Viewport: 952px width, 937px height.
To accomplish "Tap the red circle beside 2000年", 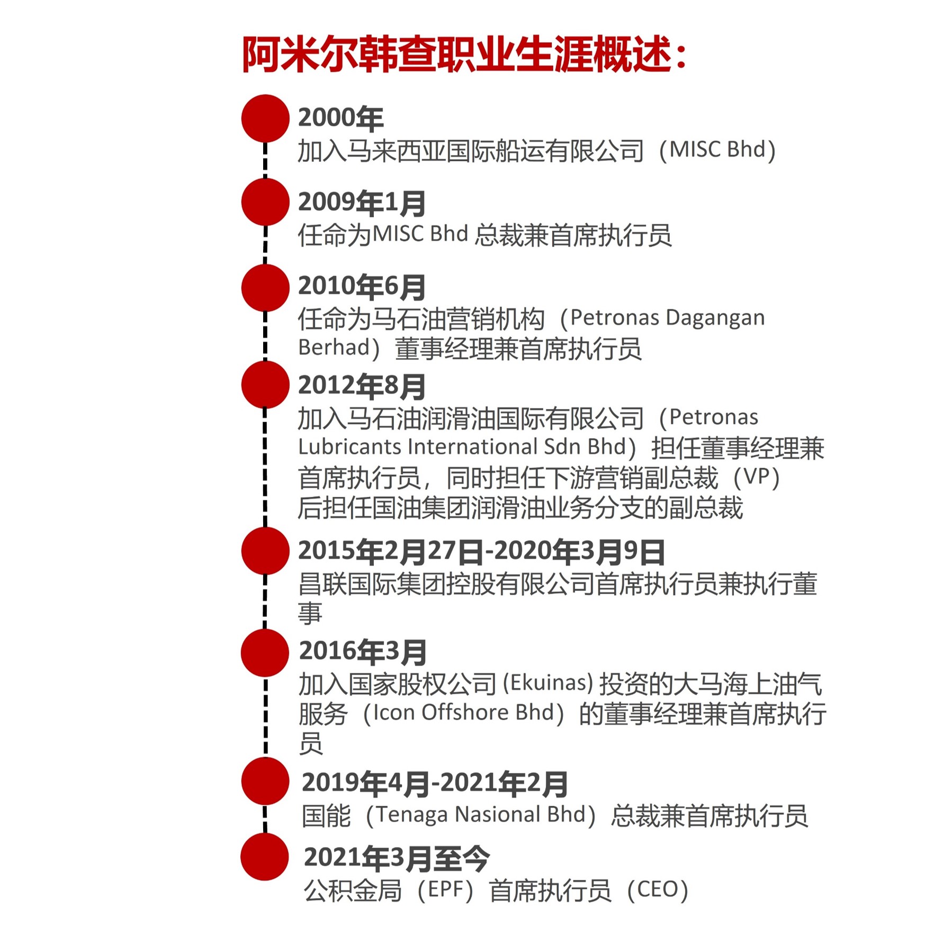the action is pyautogui.click(x=265, y=119).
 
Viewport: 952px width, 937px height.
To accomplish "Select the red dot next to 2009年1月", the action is pyautogui.click(x=265, y=202).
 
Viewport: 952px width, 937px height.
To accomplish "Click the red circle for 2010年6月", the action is pyautogui.click(x=265, y=288).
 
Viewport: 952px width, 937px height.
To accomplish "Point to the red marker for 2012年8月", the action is pyautogui.click(x=265, y=385).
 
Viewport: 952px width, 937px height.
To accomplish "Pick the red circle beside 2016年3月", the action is pyautogui.click(x=265, y=653).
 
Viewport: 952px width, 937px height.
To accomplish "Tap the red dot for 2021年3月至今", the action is pyautogui.click(x=265, y=857).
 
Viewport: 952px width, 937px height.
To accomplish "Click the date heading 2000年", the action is pyautogui.click(x=340, y=118).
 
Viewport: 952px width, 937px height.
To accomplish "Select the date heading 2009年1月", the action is pyautogui.click(x=362, y=203).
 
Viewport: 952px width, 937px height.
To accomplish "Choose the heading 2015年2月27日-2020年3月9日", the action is pyautogui.click(x=481, y=551).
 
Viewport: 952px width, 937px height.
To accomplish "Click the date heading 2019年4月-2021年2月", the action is pyautogui.click(x=435, y=784).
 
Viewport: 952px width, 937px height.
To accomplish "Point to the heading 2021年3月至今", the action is pyautogui.click(x=397, y=858).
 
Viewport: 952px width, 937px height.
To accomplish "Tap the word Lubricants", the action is pyautogui.click(x=349, y=447).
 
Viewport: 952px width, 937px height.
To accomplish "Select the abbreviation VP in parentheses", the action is pyautogui.click(x=757, y=476).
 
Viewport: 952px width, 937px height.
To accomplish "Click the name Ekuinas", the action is pyautogui.click(x=548, y=683).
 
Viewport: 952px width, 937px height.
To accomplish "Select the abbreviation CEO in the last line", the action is pyautogui.click(x=657, y=889).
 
